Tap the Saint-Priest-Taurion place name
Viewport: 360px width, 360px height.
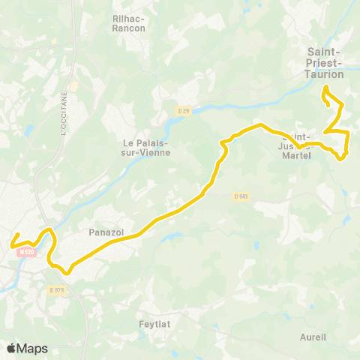tap(325, 63)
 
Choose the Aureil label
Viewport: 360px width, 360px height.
tap(313, 337)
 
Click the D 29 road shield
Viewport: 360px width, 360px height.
tap(184, 111)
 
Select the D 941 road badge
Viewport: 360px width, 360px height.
tap(241, 196)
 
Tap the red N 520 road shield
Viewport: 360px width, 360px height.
tap(27, 253)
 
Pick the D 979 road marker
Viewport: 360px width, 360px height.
tap(57, 289)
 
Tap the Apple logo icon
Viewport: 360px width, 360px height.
tap(10, 348)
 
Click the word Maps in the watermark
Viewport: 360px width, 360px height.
tap(32, 348)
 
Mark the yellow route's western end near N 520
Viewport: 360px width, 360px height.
tap(10, 245)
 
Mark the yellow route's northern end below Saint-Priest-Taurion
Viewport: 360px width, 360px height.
tap(325, 88)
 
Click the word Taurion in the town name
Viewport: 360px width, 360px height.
tap(325, 74)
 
